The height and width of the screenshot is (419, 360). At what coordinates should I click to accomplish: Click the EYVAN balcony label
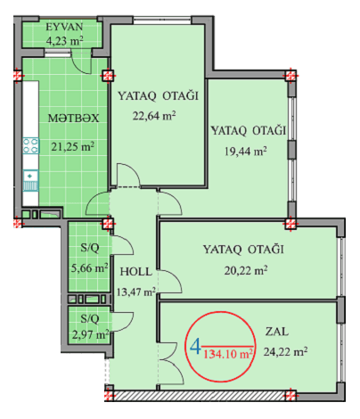coord(64,27)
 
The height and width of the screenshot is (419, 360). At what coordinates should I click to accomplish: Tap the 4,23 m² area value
coord(64,40)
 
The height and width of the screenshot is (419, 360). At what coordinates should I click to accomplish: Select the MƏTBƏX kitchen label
coord(73,119)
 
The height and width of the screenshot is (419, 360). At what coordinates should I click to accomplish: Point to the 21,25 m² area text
coord(73,146)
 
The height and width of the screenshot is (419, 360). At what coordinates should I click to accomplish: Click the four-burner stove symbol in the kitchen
coord(30,145)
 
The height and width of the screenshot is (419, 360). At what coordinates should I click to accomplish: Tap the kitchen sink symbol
coord(30,180)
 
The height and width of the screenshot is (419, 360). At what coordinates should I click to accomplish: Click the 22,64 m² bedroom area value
coord(154,115)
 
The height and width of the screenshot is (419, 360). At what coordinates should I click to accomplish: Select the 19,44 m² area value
coord(245,152)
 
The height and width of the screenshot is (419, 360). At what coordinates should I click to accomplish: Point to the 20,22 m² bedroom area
coord(246,270)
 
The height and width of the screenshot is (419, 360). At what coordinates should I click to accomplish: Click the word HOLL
coord(136,272)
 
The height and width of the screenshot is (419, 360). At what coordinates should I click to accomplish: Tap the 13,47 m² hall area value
coord(136,292)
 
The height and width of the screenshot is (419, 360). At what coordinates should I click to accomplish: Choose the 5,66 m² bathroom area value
coord(89,268)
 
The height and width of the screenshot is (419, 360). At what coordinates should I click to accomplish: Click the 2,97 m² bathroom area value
coord(90,335)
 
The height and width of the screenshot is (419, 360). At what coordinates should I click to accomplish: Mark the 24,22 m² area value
coord(285,352)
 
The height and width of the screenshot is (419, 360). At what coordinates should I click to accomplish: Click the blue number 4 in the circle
coord(195,347)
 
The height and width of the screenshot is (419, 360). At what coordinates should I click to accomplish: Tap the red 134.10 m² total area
coord(228,354)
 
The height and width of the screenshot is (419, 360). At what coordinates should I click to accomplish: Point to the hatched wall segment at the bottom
coord(199,396)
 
